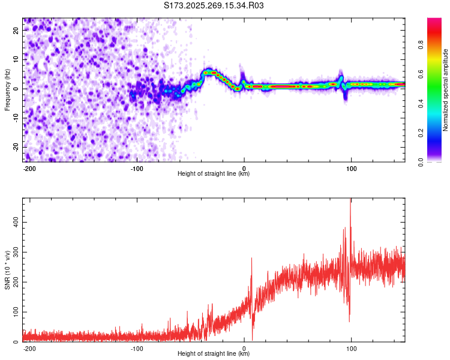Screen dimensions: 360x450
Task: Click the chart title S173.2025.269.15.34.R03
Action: pos(214,6)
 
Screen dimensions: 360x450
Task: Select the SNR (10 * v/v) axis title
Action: pos(7,269)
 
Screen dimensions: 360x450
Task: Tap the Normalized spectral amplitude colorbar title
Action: pos(446,90)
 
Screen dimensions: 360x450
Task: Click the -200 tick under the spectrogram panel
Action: pos(29,169)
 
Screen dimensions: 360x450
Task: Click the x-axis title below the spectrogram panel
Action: pos(214,174)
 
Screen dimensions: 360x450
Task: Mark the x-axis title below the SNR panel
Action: pos(214,354)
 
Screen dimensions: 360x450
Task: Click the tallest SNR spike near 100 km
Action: pos(350,200)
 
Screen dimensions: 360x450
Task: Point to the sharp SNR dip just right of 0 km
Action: pos(253,339)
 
